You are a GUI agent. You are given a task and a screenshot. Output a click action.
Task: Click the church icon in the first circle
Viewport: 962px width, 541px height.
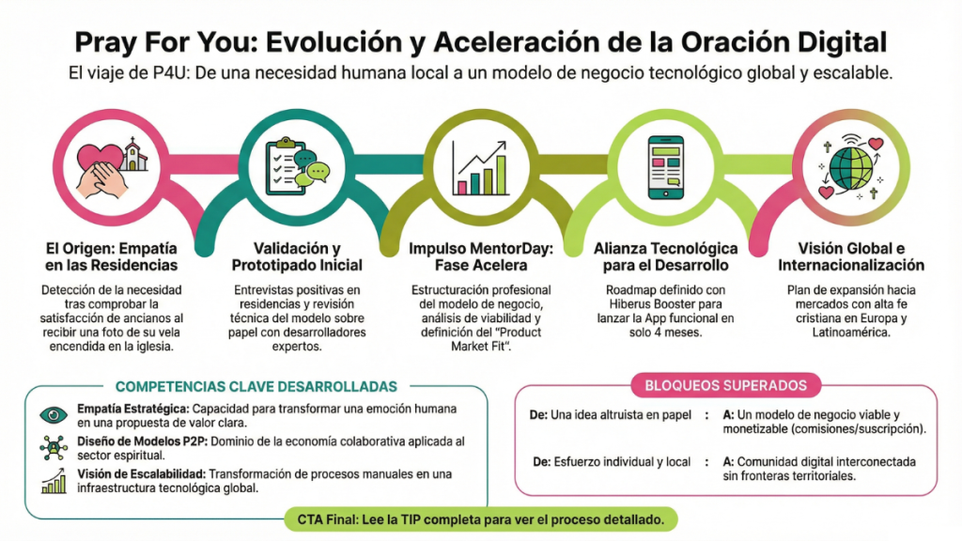pyautogui.click(x=133, y=155)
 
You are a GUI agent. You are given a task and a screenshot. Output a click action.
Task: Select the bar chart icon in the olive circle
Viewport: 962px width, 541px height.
pyautogui.click(x=480, y=168)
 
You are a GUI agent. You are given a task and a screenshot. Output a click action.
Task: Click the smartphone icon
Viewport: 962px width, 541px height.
pyautogui.click(x=666, y=167)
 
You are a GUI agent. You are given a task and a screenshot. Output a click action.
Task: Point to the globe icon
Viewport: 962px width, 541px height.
pyautogui.click(x=850, y=169)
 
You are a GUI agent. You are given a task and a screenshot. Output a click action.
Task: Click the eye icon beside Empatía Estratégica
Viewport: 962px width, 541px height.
pyautogui.click(x=54, y=415)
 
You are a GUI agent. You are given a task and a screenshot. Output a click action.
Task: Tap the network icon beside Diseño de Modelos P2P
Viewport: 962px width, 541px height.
pyautogui.click(x=54, y=448)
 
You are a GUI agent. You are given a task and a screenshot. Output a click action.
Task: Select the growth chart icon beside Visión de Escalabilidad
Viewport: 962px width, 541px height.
pyautogui.click(x=54, y=481)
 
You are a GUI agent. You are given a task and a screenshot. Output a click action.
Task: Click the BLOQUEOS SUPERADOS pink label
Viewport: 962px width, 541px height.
pyautogui.click(x=726, y=385)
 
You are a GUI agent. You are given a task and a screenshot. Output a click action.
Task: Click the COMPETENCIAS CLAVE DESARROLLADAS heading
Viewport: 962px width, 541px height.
pyautogui.click(x=256, y=386)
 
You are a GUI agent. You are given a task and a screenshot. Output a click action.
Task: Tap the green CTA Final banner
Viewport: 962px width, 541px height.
pyautogui.click(x=481, y=519)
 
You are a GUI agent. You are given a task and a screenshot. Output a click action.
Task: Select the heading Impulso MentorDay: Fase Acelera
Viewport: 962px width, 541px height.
pyautogui.click(x=481, y=257)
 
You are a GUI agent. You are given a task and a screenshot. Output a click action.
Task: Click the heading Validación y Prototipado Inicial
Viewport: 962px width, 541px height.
pyautogui.click(x=297, y=257)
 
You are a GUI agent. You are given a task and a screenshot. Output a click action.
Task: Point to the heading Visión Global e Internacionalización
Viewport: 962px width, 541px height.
pyautogui.click(x=851, y=257)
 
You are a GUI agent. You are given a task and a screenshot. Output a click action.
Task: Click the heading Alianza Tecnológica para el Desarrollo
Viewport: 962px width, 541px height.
pyautogui.click(x=666, y=257)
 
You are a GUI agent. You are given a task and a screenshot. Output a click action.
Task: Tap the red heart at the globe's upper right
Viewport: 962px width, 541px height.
pyautogui.click(x=876, y=144)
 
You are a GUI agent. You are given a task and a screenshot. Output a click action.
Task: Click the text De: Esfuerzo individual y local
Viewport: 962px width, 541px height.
pyautogui.click(x=612, y=462)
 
